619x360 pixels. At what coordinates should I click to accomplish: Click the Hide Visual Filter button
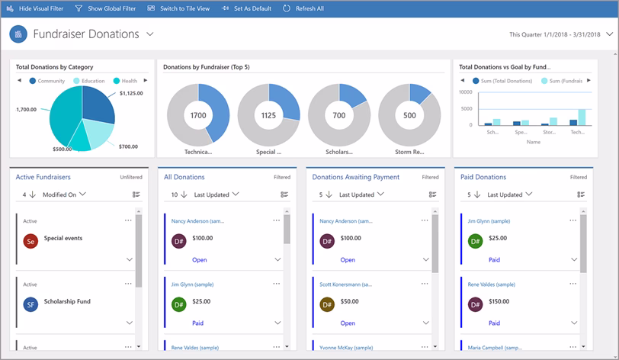[x=35, y=8]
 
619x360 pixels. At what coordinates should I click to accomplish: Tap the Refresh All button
[x=303, y=8]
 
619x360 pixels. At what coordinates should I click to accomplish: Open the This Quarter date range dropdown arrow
[x=608, y=34]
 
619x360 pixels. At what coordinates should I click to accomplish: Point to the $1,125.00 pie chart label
[x=131, y=93]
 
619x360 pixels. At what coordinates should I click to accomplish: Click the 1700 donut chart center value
[x=198, y=115]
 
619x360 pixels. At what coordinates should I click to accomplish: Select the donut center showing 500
[x=409, y=115]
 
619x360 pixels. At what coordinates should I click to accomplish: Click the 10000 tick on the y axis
[x=465, y=92]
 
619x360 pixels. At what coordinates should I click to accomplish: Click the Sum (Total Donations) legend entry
[x=504, y=80]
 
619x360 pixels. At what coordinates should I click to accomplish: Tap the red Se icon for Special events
[x=30, y=242]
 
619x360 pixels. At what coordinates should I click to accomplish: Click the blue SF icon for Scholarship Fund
[x=30, y=305]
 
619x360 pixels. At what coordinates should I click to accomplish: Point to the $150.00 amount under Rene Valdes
[x=499, y=301]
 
